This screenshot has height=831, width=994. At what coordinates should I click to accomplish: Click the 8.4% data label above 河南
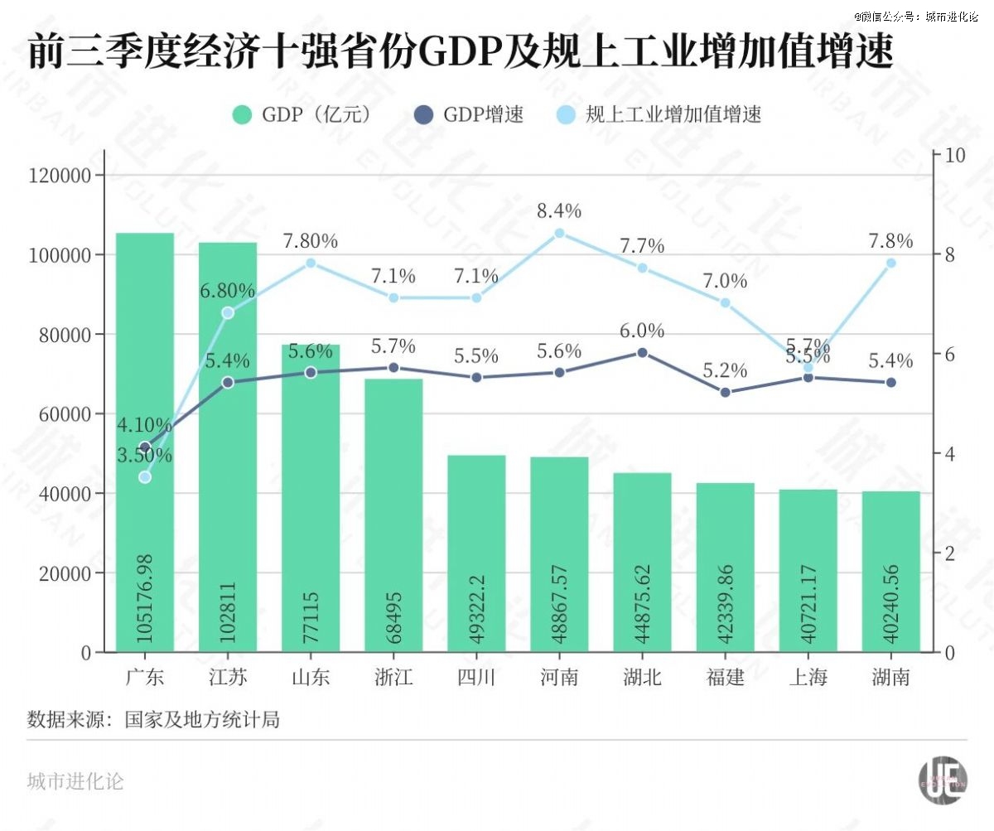[x=559, y=210]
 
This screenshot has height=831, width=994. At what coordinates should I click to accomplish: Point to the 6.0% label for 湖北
[x=642, y=331]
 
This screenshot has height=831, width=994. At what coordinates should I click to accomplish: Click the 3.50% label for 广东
[x=144, y=455]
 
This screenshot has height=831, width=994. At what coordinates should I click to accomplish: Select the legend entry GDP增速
[x=469, y=114]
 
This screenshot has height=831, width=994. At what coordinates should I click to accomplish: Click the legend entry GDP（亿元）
[x=302, y=114]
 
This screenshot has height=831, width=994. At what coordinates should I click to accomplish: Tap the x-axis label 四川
[x=476, y=678]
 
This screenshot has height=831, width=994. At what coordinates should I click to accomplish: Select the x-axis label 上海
[x=808, y=678]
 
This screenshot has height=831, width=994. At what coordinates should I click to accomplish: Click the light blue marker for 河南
[x=559, y=233]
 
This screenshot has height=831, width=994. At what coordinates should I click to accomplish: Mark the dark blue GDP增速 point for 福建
[x=725, y=392]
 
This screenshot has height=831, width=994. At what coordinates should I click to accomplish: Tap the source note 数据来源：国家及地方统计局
[x=153, y=719]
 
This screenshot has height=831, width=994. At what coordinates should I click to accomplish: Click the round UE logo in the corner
[x=943, y=780]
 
